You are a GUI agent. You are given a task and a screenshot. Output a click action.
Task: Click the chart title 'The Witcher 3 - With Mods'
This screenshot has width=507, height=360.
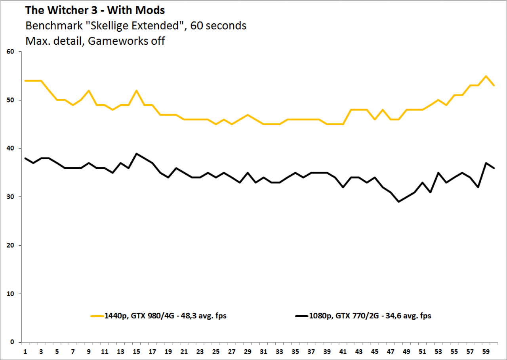click(x=95, y=10)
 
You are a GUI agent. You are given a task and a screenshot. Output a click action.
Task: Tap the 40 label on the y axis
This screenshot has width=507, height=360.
click(x=10, y=149)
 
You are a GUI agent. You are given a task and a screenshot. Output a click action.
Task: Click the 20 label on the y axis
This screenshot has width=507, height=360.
click(x=10, y=245)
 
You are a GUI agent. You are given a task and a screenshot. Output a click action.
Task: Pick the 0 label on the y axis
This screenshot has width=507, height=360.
click(x=12, y=342)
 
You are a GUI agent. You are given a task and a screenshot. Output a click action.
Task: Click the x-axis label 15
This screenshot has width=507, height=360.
click(x=136, y=352)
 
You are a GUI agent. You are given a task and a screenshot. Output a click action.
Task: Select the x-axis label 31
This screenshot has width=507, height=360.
click(x=263, y=352)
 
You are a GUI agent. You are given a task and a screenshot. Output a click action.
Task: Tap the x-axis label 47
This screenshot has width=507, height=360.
click(x=391, y=352)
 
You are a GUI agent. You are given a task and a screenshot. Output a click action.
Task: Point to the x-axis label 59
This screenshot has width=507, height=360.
click(x=486, y=352)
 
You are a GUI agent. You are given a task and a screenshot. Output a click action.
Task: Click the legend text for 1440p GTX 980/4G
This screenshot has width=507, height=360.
click(x=166, y=316)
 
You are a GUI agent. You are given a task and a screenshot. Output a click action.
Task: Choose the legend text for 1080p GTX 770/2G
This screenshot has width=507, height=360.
click(x=370, y=316)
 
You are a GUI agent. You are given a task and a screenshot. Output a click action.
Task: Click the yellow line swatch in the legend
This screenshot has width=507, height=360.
click(x=97, y=316)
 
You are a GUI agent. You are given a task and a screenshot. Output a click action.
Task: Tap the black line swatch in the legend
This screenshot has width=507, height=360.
click(x=302, y=316)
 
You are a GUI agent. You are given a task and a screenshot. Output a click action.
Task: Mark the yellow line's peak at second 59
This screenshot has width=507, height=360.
click(x=486, y=76)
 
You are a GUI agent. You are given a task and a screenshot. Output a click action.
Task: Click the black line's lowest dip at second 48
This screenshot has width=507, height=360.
click(x=398, y=202)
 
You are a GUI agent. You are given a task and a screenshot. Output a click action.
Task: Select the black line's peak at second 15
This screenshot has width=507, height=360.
click(x=136, y=153)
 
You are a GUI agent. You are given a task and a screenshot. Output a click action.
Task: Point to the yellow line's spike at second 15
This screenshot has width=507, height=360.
click(x=136, y=91)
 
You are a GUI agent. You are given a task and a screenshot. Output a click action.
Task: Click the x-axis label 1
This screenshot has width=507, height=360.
click(x=25, y=352)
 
